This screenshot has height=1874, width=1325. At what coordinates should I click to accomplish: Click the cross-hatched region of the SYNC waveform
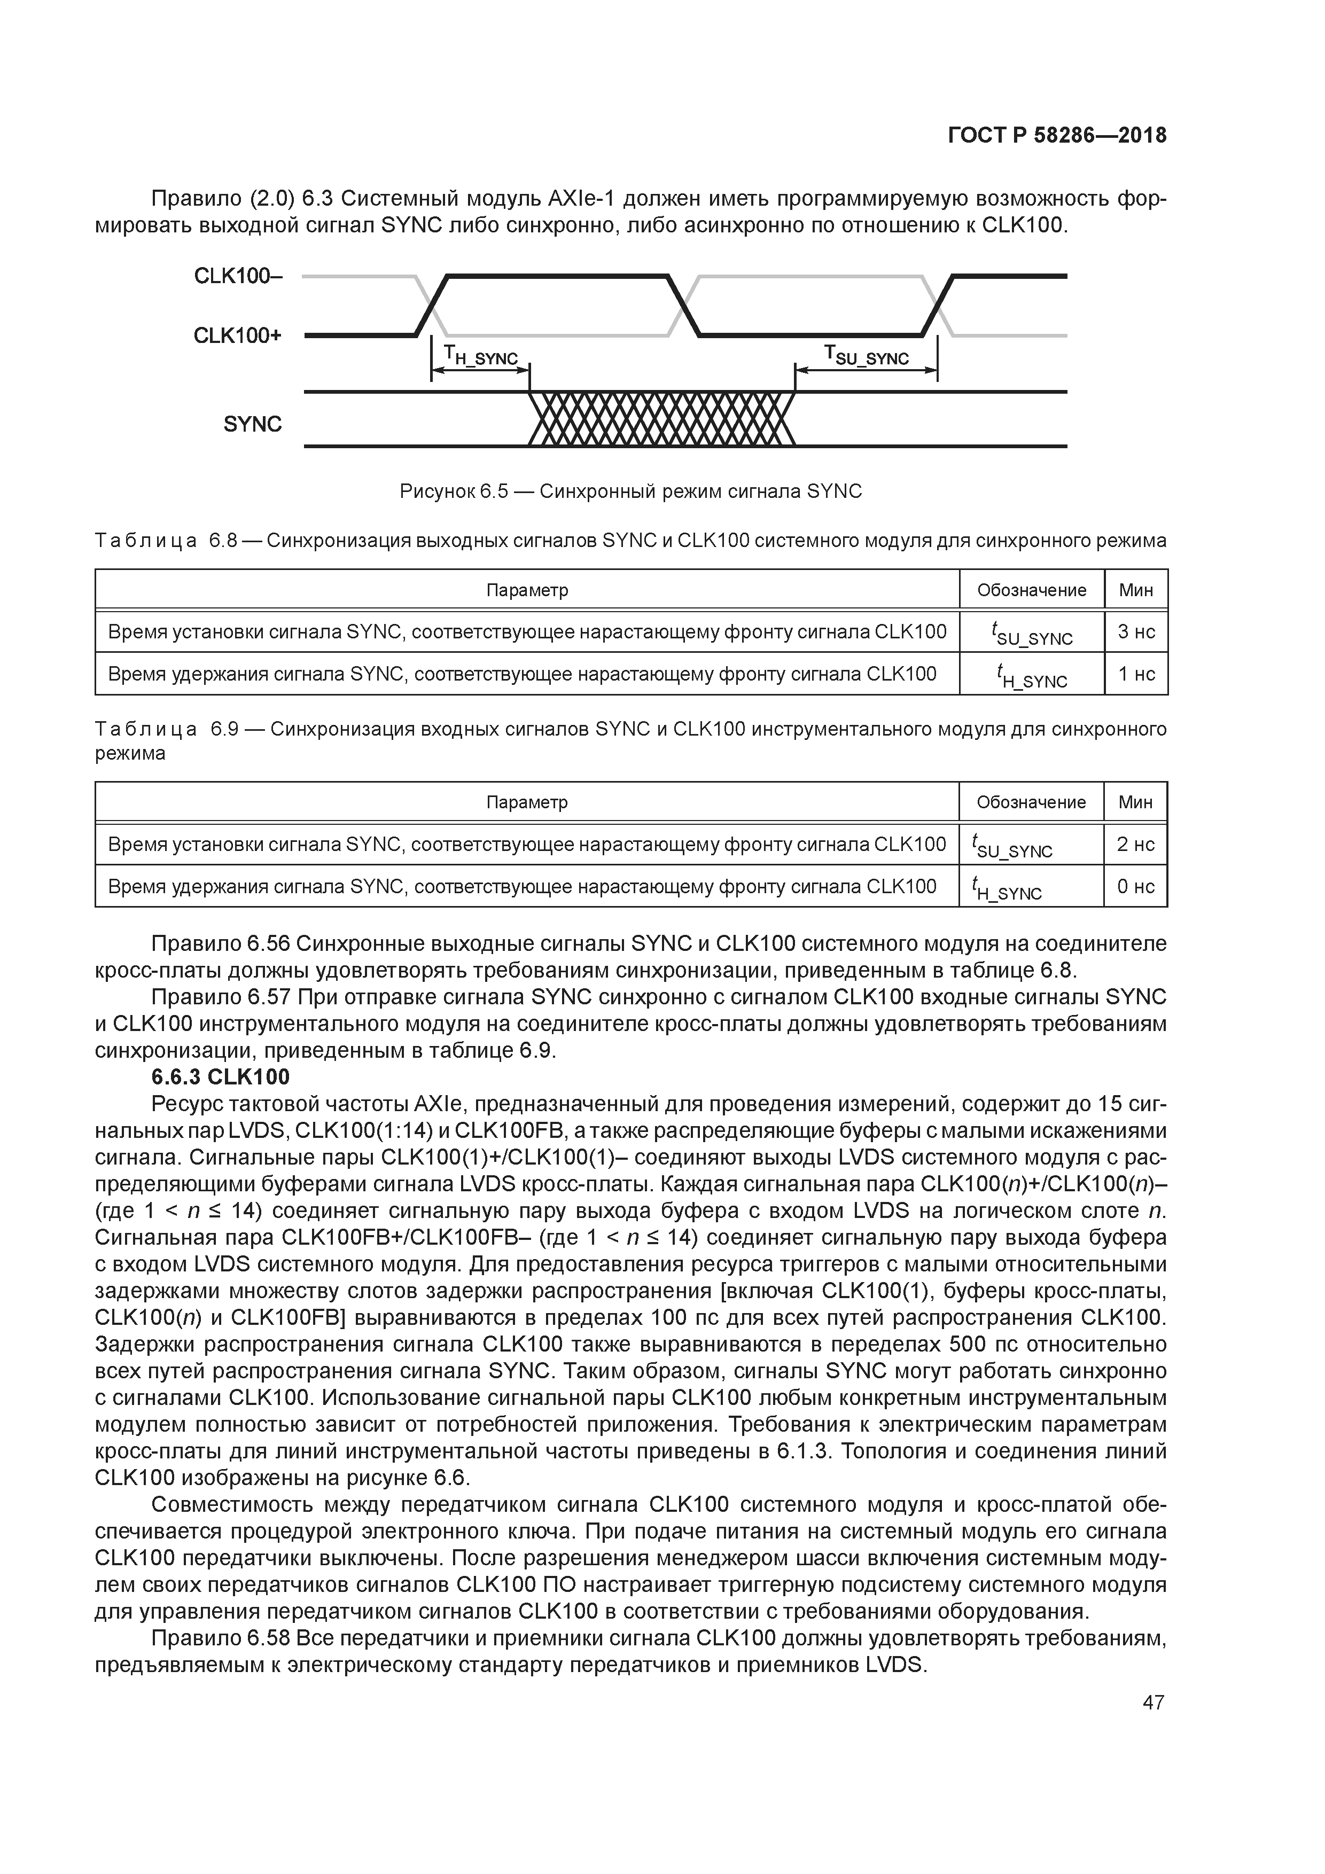coord(661,419)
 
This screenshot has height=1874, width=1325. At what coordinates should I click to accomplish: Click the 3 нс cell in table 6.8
coord(1135,632)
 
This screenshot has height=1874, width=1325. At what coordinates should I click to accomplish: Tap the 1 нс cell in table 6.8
coord(1135,674)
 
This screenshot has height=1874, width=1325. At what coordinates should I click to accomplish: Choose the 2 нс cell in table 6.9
coord(1135,844)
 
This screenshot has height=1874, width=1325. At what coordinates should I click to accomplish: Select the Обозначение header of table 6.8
coord(1031,590)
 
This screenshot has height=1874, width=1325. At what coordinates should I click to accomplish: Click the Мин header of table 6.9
coord(1135,802)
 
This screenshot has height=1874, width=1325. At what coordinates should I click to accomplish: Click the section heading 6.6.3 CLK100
coord(221,1077)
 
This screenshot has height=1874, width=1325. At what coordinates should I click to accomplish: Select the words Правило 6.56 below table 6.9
coord(221,944)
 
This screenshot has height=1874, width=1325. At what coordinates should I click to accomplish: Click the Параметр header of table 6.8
coord(527,590)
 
